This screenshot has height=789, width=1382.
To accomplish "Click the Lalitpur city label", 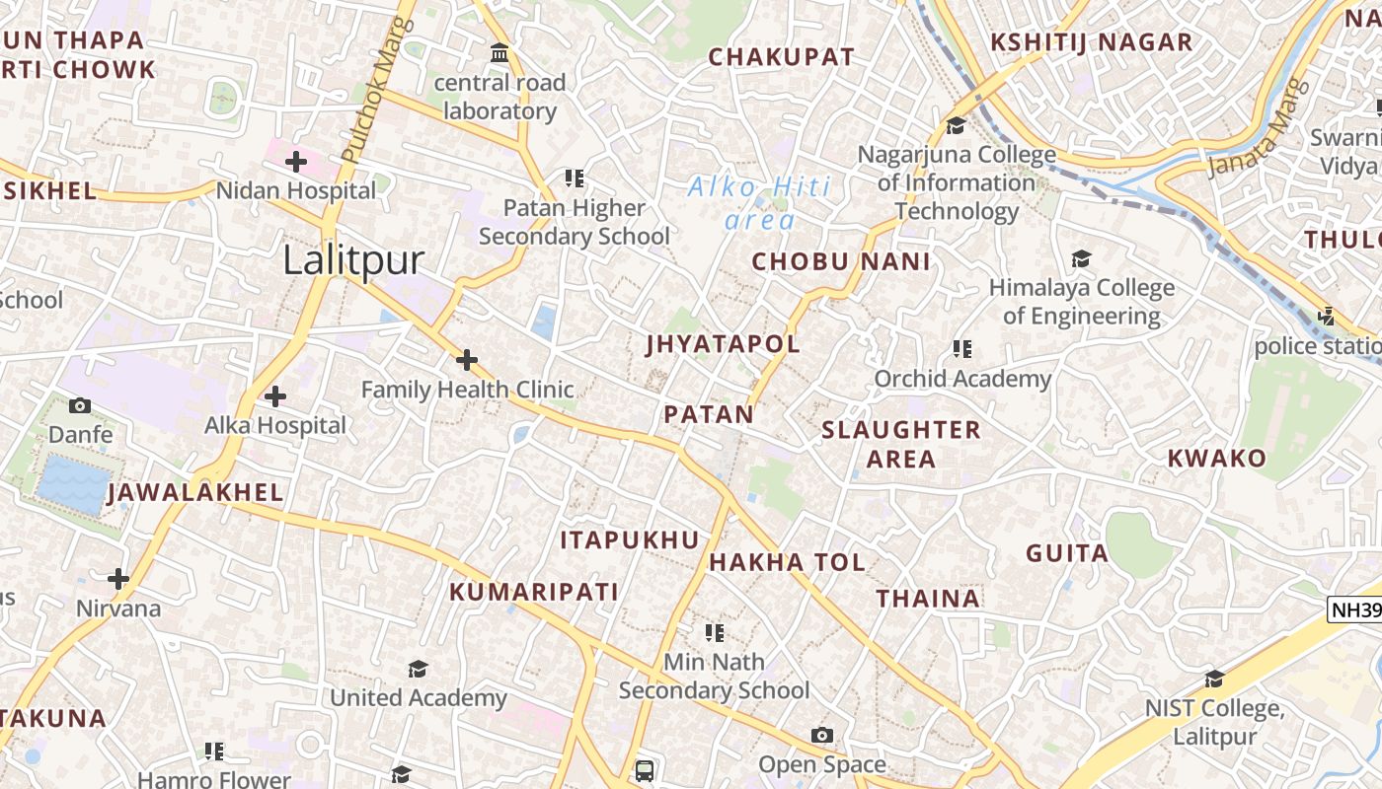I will (353, 260).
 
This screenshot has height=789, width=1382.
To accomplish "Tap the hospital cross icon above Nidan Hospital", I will (296, 161).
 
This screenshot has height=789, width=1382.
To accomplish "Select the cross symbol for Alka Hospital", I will (275, 396).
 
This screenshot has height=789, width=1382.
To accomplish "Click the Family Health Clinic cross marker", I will (467, 360).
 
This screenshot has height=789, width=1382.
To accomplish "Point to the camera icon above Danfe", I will (80, 405).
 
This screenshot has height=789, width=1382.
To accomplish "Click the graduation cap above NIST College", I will (1214, 679).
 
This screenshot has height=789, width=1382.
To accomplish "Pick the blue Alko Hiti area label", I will (759, 202).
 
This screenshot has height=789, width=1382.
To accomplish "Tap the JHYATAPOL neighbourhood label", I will (723, 344).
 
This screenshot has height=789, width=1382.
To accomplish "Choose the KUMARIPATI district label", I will (534, 592).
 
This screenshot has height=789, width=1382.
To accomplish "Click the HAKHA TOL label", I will (787, 562).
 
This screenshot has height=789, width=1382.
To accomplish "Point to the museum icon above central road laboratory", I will (499, 52).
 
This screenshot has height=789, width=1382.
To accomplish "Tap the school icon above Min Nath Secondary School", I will (714, 632).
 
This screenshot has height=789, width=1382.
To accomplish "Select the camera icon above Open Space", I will (821, 736).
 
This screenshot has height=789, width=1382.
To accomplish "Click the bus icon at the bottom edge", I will (644, 769).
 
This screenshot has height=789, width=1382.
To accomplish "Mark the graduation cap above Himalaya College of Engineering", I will (1081, 258).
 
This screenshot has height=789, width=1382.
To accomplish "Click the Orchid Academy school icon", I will (962, 348).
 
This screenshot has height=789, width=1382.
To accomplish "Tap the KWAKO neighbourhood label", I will (1216, 458).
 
